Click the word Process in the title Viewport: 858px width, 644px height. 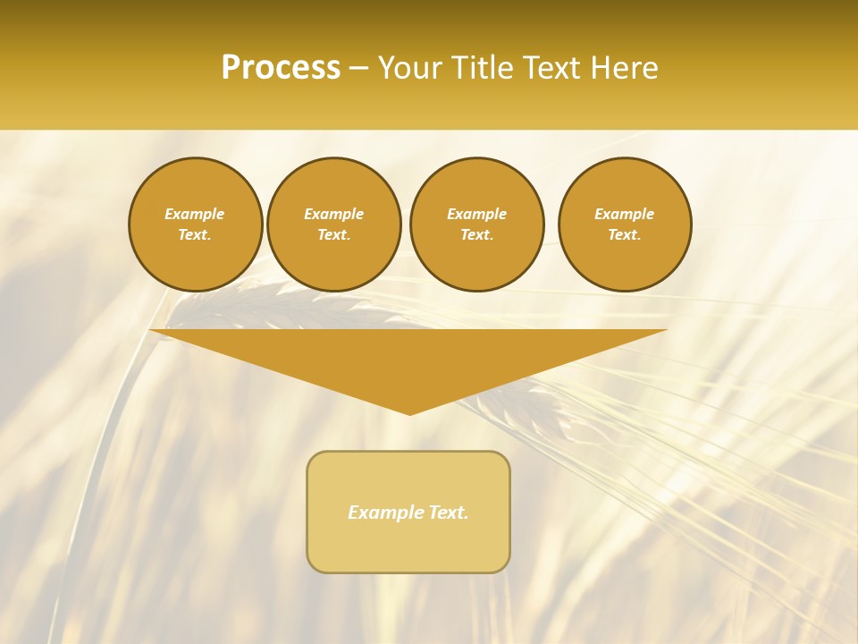click(281, 68)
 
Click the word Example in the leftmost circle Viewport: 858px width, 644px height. click(195, 214)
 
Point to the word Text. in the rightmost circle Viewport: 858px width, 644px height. click(625, 234)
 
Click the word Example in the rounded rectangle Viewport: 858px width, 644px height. click(385, 513)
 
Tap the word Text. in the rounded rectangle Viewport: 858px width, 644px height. click(448, 513)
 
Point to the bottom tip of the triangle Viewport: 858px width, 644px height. click(409, 413)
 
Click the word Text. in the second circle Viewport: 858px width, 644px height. click(333, 234)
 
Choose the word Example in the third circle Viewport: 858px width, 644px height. click(476, 214)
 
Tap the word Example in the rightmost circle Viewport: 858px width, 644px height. click(625, 214)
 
